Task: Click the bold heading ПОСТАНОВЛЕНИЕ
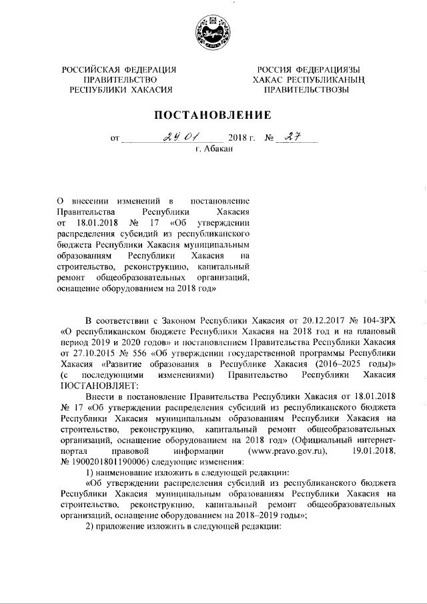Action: click(x=213, y=115)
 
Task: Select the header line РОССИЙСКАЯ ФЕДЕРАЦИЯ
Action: click(x=119, y=69)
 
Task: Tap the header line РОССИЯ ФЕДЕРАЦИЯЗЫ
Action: click(x=305, y=69)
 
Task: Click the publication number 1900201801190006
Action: click(x=117, y=461)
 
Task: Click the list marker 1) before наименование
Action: click(x=93, y=471)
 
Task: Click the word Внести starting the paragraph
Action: click(x=101, y=396)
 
